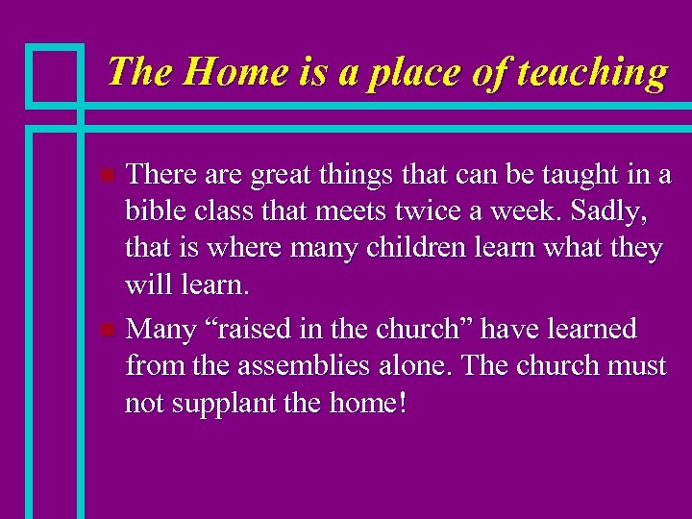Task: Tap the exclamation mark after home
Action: coord(401,402)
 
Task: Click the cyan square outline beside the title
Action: coord(55,74)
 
